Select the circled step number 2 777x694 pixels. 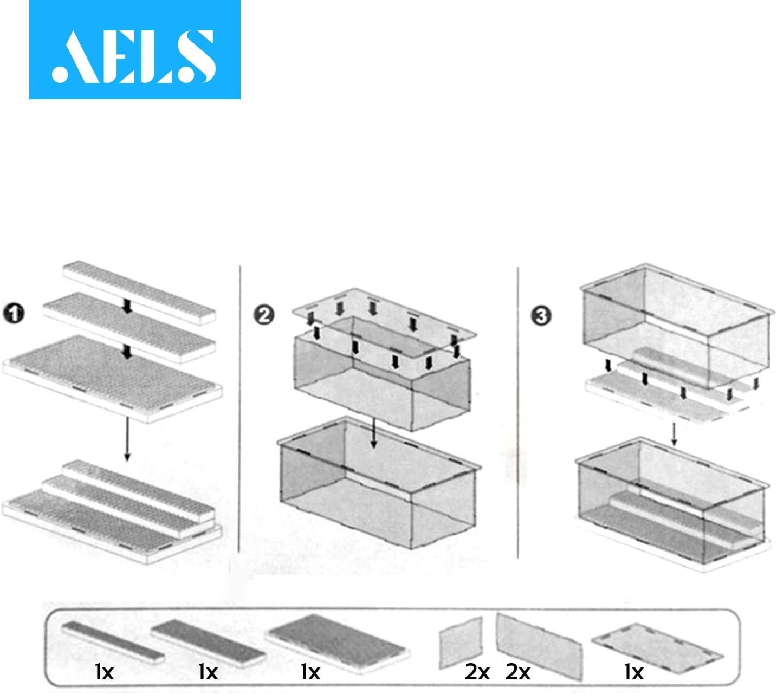264,315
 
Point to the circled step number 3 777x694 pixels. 541,315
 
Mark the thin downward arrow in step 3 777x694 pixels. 674,434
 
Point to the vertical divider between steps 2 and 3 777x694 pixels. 518,412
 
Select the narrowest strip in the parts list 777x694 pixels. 113,643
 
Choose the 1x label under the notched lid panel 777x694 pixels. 634,672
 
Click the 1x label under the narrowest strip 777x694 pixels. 104,672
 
